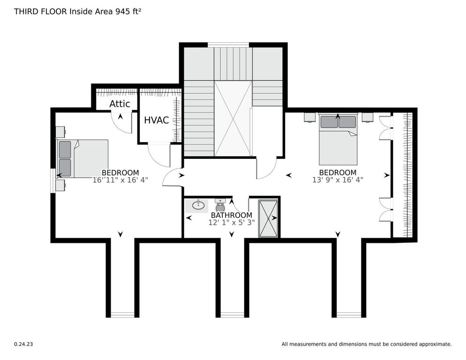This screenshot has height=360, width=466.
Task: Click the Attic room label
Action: [120, 104]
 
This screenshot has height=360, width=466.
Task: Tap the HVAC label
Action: [156, 120]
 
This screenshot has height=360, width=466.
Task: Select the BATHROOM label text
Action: [232, 215]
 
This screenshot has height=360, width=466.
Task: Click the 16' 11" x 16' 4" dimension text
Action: [120, 180]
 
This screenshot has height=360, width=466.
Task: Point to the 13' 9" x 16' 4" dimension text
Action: [338, 180]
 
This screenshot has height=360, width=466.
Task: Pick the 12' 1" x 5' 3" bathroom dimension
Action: [232, 223]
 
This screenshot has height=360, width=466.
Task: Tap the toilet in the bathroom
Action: [220, 205]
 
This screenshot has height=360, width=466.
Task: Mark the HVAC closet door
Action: [158, 155]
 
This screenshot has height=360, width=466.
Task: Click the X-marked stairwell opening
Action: [233, 118]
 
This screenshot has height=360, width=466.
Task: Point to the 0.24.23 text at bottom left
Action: [23, 344]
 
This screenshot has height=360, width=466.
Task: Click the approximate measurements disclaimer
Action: [366, 344]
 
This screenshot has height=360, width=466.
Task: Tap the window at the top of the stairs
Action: [228, 45]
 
